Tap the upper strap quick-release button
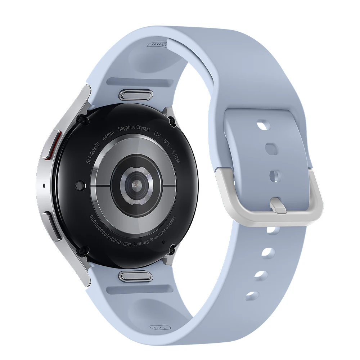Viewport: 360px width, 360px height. (135, 95)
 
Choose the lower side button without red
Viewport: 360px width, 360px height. (51, 225)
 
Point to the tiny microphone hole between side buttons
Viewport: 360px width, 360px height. (44, 186)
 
